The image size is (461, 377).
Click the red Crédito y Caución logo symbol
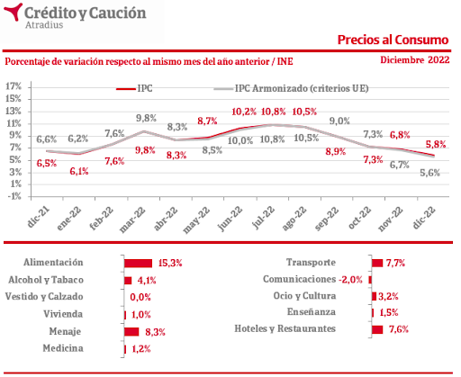(x=13, y=12)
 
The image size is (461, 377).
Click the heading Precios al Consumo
(x=393, y=40)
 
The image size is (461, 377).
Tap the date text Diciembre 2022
(x=415, y=60)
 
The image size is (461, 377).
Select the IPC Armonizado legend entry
(x=291, y=88)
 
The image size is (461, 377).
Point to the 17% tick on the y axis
(x=14, y=86)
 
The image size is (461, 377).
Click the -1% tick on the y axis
(x=14, y=196)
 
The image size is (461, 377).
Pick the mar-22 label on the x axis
(x=132, y=220)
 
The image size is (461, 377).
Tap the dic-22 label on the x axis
(x=423, y=218)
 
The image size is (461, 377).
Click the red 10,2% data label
(x=244, y=112)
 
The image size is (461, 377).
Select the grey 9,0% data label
(x=339, y=121)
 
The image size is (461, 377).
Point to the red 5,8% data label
(x=436, y=145)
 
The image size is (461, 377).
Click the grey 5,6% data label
(x=429, y=173)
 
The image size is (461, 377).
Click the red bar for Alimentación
(x=139, y=264)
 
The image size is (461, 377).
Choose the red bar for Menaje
(x=131, y=332)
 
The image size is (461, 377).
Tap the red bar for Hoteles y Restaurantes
(x=377, y=329)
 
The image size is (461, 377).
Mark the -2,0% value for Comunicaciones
(x=350, y=280)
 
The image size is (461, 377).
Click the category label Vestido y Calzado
(x=44, y=297)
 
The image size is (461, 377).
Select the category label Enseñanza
(x=312, y=312)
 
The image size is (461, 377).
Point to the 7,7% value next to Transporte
(x=395, y=264)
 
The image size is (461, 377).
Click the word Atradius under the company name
(x=44, y=25)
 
